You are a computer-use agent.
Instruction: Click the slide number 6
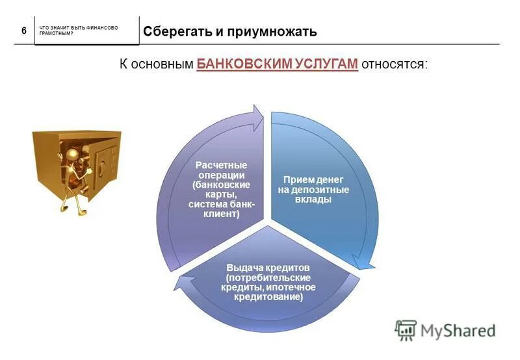click(24, 31)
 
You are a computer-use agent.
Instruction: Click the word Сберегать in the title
click(171, 31)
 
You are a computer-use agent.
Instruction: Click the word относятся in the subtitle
click(394, 64)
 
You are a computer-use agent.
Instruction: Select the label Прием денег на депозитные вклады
click(314, 189)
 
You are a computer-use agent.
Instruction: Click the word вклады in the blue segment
click(314, 199)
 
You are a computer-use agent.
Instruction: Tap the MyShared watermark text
click(458, 331)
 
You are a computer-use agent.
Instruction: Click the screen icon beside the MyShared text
click(406, 330)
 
